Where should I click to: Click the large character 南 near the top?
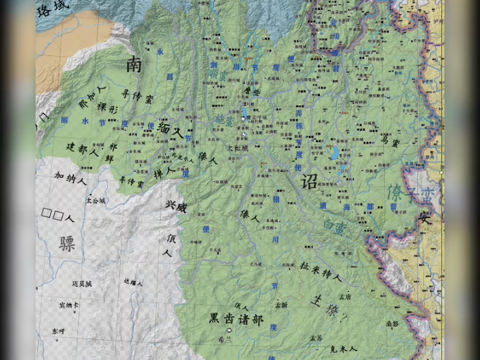pyautogui.click(x=134, y=64)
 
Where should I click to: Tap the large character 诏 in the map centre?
pyautogui.click(x=309, y=181)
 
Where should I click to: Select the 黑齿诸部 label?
pyautogui.click(x=236, y=319)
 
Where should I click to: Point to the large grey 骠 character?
pyautogui.click(x=67, y=243)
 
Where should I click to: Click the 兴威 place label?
pyautogui.click(x=176, y=207)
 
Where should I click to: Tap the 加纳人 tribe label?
pyautogui.click(x=71, y=179)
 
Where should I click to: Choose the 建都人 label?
pyautogui.click(x=82, y=149)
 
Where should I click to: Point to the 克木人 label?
pyautogui.click(x=343, y=349)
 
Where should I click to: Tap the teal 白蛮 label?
pyautogui.click(x=333, y=228)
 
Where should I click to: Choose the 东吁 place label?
pyautogui.click(x=59, y=331)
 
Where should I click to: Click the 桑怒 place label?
pyautogui.click(x=392, y=323)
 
